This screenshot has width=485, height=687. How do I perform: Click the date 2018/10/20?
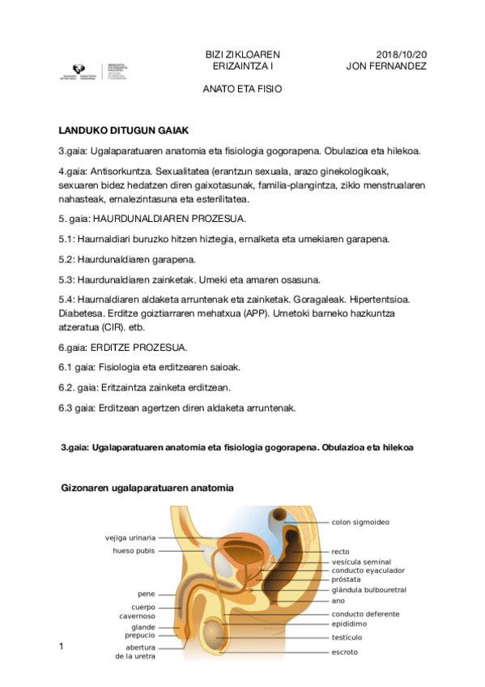coord(402,54)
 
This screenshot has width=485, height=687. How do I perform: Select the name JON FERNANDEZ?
coord(386,66)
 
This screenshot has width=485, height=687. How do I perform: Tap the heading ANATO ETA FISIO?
coord(242,89)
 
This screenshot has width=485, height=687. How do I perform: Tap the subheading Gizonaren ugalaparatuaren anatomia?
coord(147,489)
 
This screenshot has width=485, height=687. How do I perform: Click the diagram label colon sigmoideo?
coord(360,522)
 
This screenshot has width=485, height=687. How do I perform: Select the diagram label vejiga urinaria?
coord(130,537)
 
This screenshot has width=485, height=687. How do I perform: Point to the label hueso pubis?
coord(134,551)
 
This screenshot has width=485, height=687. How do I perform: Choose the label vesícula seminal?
coord(361,561)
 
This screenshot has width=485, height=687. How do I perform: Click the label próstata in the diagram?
coord(347,580)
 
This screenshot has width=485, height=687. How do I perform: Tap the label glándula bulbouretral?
coord(368,590)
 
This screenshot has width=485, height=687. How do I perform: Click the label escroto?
coord(344,651)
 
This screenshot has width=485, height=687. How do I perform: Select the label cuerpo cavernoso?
coord(133,612)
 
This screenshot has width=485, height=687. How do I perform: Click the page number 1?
coord(60,646)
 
